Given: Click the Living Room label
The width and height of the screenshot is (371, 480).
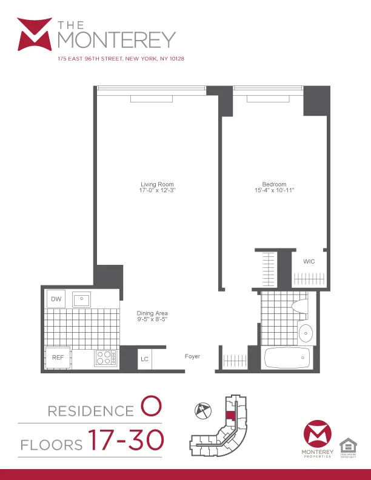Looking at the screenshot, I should [158, 184].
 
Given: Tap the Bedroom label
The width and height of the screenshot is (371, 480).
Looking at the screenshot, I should [274, 184].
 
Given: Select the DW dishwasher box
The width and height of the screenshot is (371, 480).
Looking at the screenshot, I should [56, 299].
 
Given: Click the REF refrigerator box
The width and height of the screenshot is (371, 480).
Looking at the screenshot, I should [58, 357].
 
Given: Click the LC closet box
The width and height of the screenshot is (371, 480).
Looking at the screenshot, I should [144, 358].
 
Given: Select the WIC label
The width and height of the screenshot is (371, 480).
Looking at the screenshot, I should [309, 261].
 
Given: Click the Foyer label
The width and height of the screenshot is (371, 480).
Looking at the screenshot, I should [192, 356].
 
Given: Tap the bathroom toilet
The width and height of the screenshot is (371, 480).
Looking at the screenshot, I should [299, 305].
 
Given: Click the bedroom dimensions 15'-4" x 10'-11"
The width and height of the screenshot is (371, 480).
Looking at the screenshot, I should [274, 190].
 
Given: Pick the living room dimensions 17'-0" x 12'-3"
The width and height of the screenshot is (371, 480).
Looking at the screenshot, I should [158, 190].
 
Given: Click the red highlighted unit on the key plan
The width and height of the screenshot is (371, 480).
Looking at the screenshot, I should [230, 418].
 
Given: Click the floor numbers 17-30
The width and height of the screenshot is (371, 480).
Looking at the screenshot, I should [125, 441].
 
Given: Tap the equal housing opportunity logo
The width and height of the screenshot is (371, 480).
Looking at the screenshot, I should [348, 446].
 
